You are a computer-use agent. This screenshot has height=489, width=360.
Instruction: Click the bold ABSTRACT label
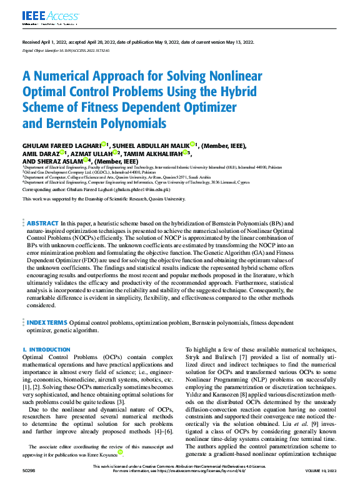click(42, 223)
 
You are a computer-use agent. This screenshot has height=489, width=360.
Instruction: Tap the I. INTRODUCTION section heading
click(41, 350)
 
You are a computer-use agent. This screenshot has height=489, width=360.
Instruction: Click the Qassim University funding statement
click(104, 199)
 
